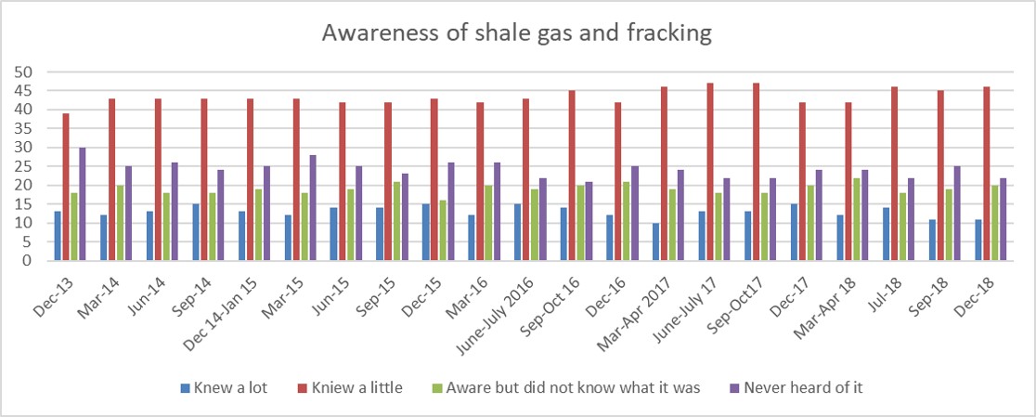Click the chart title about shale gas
[x=517, y=33]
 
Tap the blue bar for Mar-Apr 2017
[x=655, y=241]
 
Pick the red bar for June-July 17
[x=710, y=172]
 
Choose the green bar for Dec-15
[x=442, y=230]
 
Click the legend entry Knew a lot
[x=227, y=387]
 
